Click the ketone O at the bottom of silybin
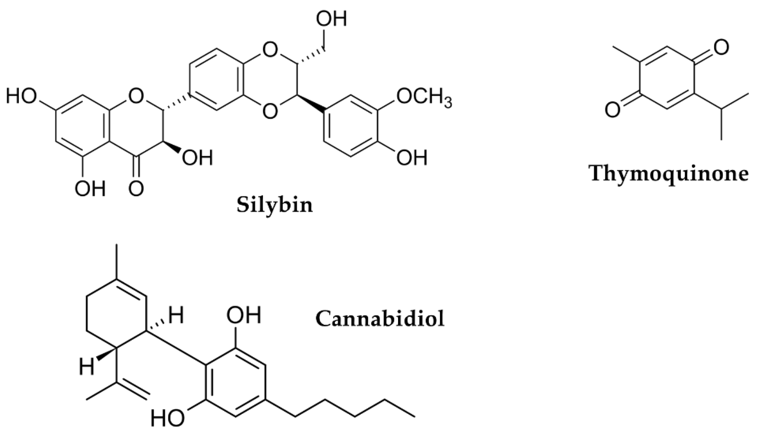[x=136, y=188]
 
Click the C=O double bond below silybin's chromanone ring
[x=136, y=167]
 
